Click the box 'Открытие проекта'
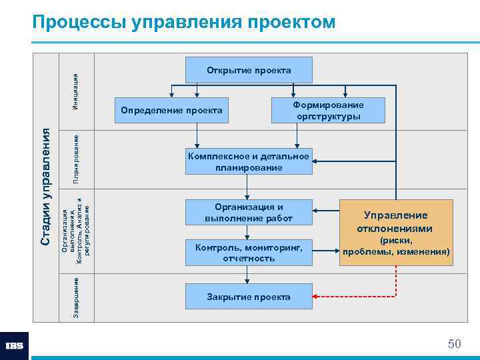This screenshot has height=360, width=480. click(x=248, y=70)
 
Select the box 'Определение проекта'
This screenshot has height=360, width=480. click(x=171, y=110)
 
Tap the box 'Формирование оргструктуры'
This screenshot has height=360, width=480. click(x=328, y=111)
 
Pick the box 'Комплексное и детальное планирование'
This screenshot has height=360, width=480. click(x=248, y=162)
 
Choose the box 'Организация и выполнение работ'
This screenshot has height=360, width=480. click(x=248, y=213)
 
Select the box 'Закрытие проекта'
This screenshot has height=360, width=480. click(x=248, y=296)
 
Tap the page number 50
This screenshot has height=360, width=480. click(x=455, y=344)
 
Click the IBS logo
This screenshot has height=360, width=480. click(x=15, y=346)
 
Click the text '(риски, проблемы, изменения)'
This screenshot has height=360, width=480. click(x=395, y=247)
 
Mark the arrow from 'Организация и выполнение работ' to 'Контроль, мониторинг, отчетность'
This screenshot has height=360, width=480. click(x=248, y=233)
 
